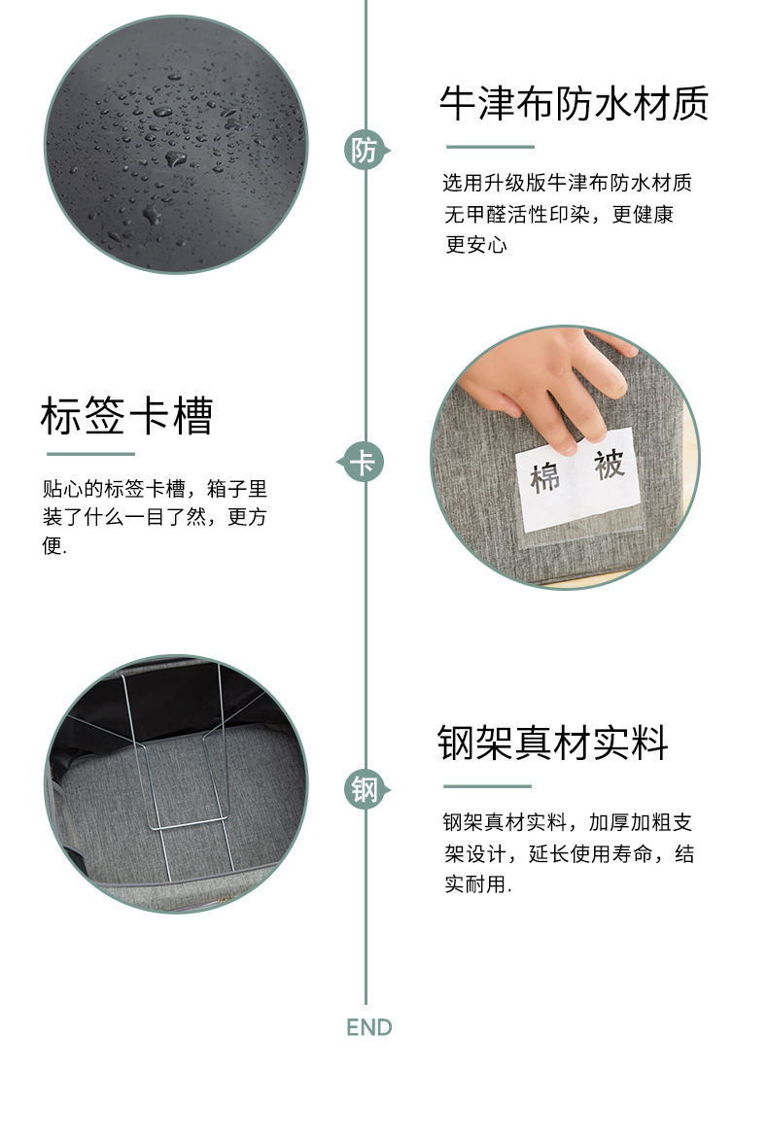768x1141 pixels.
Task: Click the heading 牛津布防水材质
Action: point(574,104)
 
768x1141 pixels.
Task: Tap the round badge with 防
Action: point(364,151)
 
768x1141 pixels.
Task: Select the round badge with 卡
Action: point(363,462)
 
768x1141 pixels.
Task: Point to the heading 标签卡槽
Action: point(126,416)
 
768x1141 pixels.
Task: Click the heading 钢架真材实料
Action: point(553,743)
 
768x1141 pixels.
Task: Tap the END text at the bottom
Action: point(368,1027)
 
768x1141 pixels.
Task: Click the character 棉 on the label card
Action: point(548,478)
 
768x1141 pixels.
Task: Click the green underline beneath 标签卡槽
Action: point(90,454)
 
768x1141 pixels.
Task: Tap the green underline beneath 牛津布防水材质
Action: point(490,147)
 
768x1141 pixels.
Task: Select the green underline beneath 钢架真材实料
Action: point(487,786)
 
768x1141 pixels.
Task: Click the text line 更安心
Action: point(476,246)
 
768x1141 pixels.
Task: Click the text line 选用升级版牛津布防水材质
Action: point(567,183)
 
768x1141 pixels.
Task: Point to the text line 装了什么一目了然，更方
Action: point(154,517)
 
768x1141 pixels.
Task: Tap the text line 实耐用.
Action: point(477,885)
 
